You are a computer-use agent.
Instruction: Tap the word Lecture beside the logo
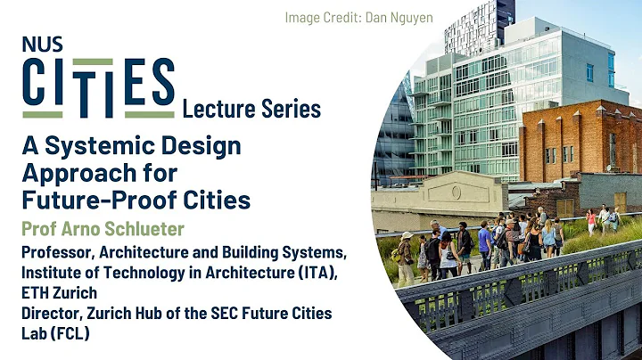click(x=217, y=110)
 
